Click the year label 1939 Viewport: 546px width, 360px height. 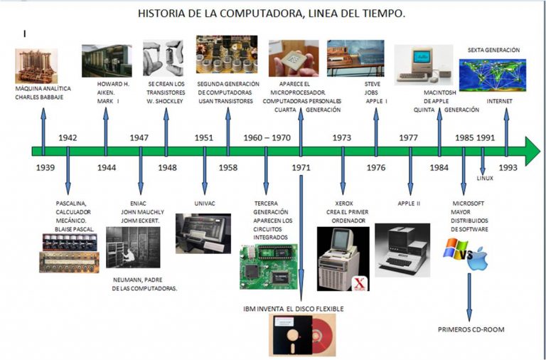(45, 168)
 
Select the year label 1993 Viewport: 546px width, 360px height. (508, 168)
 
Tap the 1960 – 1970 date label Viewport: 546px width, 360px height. (267, 137)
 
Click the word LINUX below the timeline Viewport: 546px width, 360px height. (485, 178)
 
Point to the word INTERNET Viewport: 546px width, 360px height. (499, 102)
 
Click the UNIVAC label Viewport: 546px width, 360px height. (205, 203)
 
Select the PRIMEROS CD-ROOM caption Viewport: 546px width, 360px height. (471, 329)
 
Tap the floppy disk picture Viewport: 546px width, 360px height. (303, 335)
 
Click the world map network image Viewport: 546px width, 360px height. (493, 75)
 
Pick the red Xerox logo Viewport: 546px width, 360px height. (359, 284)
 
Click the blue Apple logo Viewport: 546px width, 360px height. (478, 259)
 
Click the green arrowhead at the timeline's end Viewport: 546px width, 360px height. (532, 151)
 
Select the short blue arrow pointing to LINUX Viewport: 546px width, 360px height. (482, 161)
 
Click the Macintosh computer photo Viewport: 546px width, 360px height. (424, 65)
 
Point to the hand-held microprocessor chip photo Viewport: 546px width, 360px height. (294, 58)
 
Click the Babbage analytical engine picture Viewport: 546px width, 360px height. (36, 66)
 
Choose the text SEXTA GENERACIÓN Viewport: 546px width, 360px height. (493, 51)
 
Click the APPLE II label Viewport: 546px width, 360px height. (409, 203)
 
